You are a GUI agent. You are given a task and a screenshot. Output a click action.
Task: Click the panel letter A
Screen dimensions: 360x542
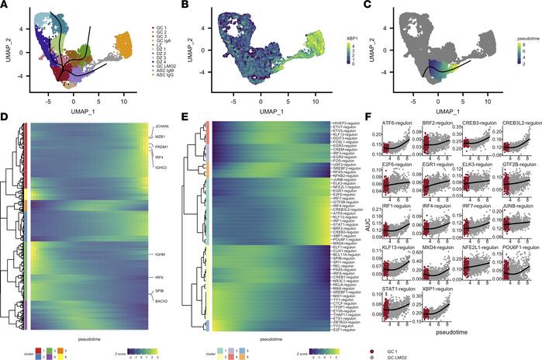(x=5, y=5)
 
